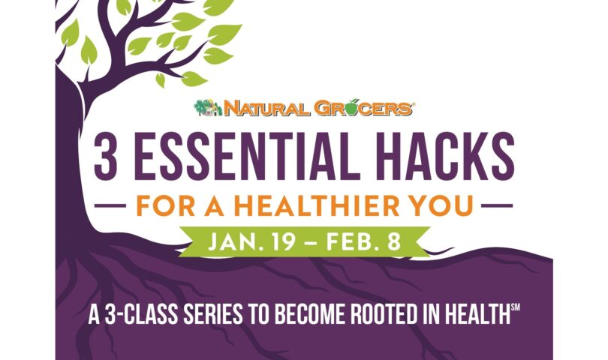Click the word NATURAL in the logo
pyautogui.click(x=254, y=109)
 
